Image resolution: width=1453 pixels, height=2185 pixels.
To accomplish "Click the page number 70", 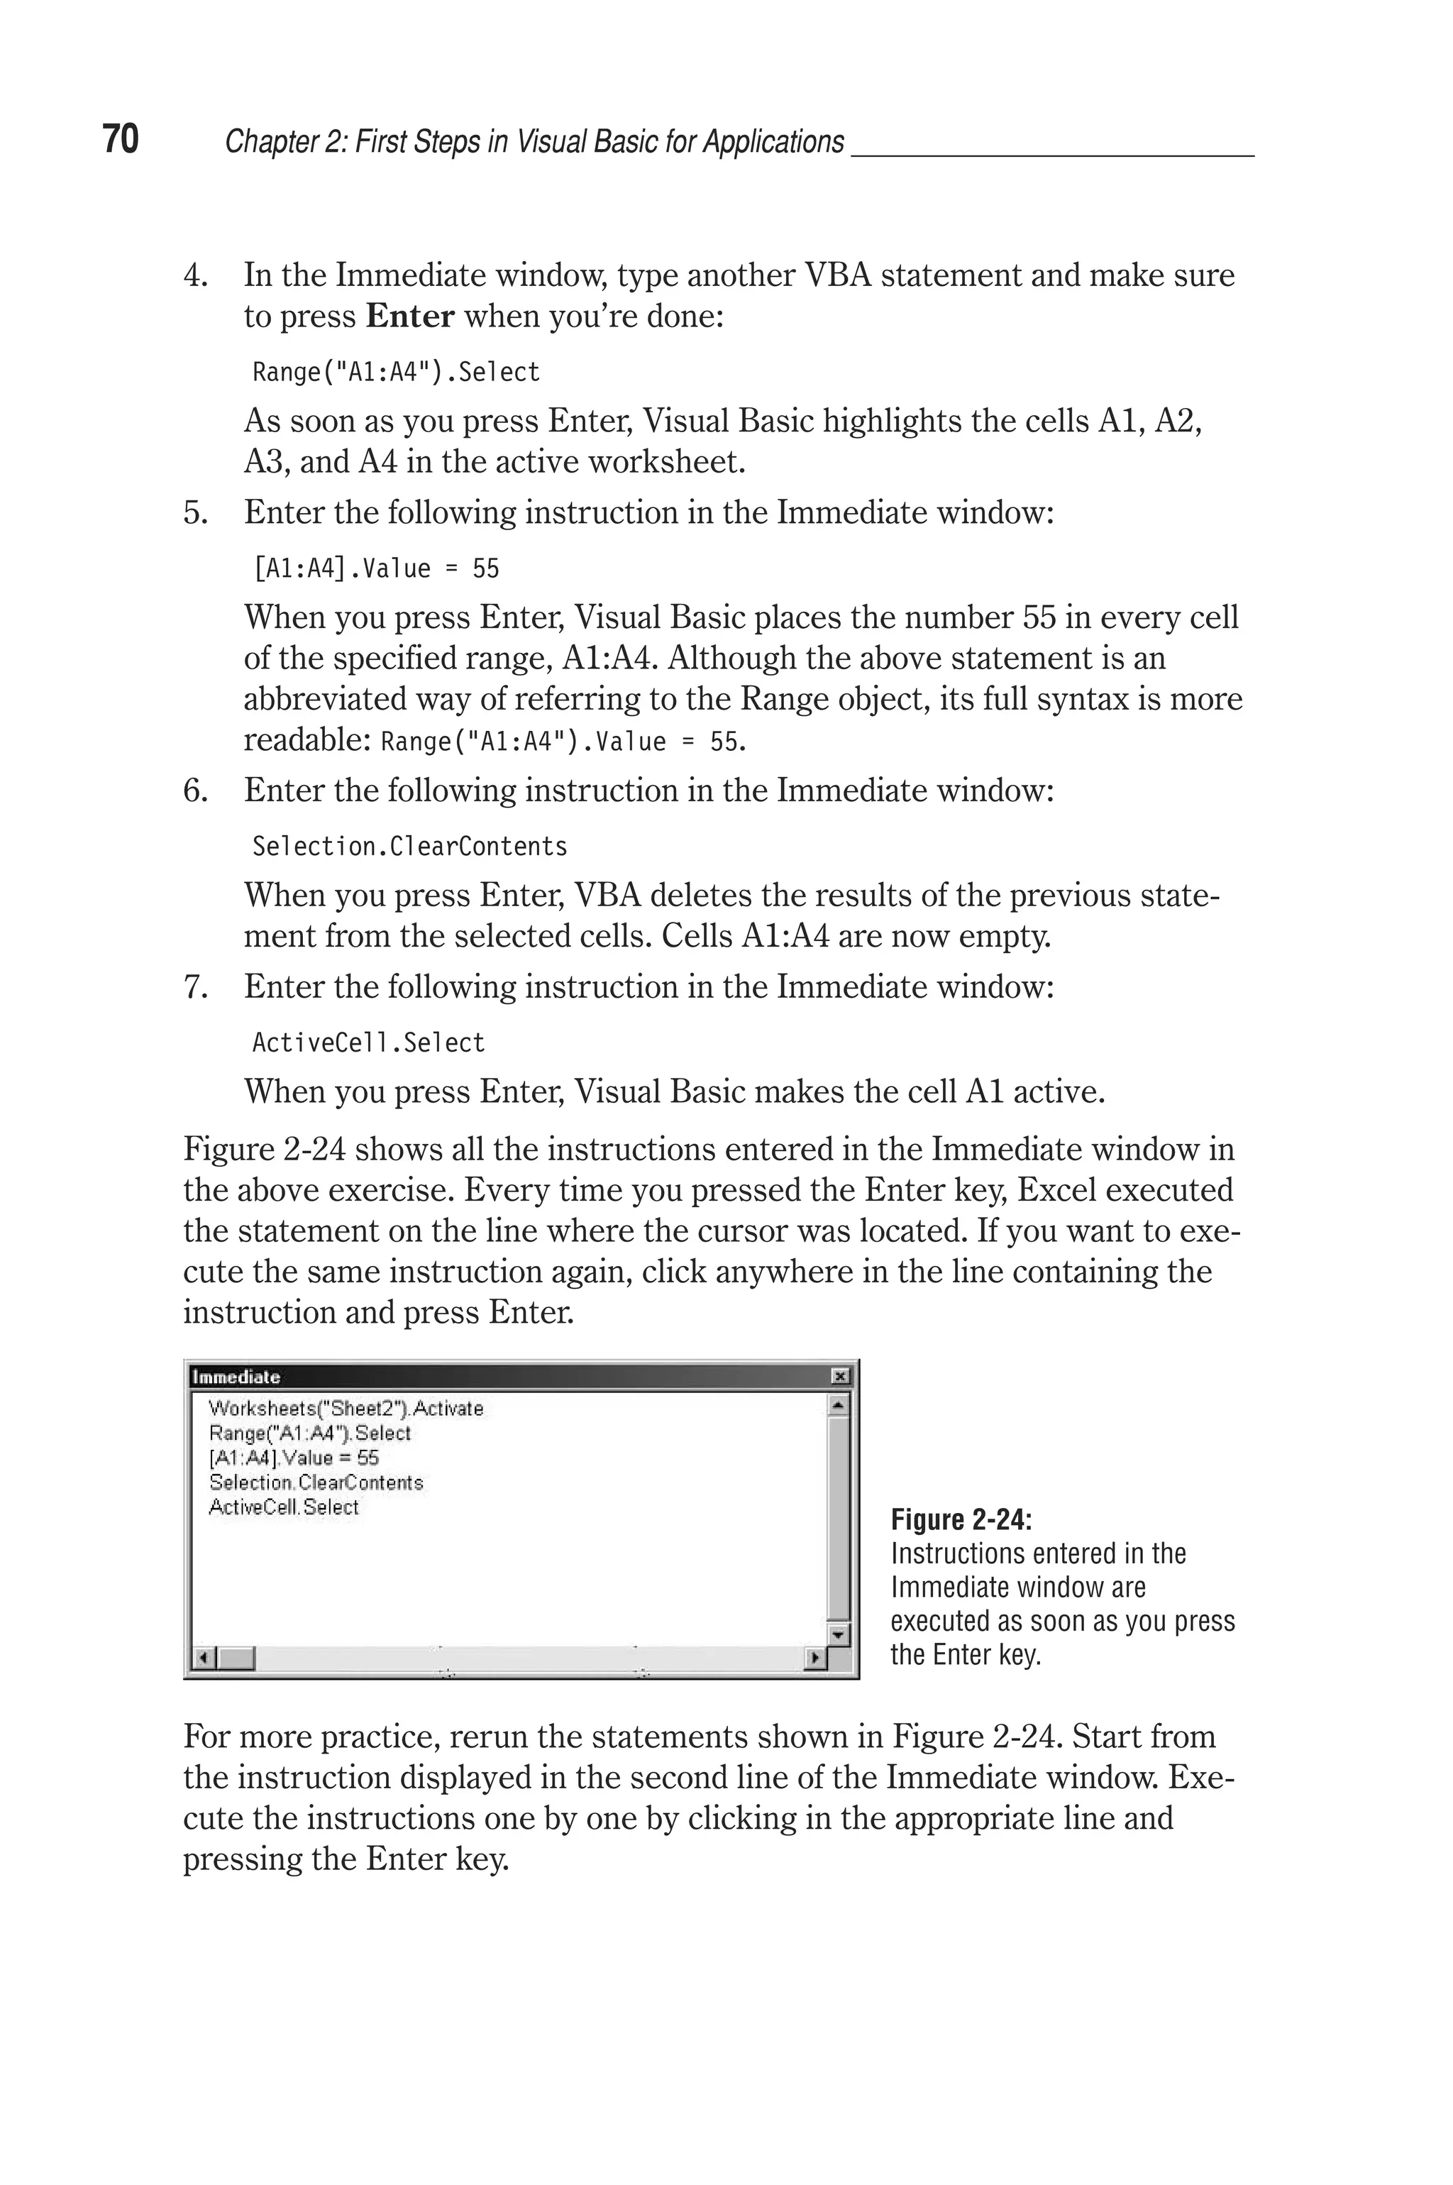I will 121,139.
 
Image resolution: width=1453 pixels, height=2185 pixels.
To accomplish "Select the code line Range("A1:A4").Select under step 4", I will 396,373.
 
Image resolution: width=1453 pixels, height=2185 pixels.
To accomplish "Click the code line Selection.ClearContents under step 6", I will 409,846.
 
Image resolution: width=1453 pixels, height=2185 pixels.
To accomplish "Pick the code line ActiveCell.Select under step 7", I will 368,1042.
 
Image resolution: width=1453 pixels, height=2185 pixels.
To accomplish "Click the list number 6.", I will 194,791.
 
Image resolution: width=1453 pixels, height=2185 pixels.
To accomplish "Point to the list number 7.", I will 194,987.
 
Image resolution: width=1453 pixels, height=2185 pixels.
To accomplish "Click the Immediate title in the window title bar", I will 236,1377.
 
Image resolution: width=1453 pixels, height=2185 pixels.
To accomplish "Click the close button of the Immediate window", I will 839,1377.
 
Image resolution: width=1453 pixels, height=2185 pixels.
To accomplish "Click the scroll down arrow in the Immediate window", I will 838,1636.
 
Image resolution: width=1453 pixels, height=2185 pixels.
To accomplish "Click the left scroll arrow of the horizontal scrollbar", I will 204,1658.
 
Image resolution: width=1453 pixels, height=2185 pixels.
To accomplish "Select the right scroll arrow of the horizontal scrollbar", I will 814,1658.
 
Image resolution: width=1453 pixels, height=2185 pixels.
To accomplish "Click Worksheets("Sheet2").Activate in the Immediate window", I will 346,1409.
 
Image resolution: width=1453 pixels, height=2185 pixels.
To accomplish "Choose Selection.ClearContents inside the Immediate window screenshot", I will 316,1482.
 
